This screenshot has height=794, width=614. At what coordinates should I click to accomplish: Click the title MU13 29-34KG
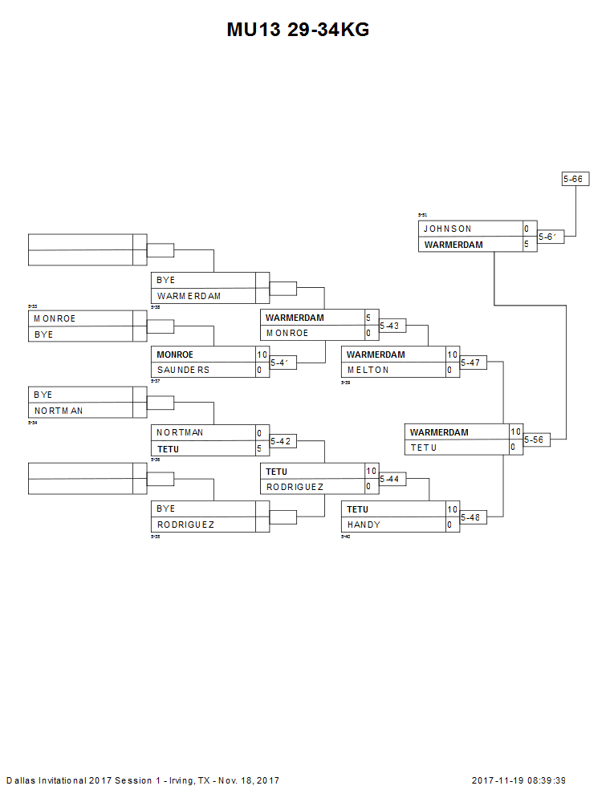tap(298, 30)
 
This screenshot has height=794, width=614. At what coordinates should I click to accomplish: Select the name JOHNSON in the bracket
tap(448, 229)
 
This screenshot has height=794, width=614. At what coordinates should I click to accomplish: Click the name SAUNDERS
tap(183, 370)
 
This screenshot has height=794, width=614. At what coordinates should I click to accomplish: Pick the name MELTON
tap(368, 370)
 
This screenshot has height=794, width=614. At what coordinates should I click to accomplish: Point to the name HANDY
tap(364, 525)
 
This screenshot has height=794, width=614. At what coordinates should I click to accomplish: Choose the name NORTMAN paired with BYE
tap(59, 411)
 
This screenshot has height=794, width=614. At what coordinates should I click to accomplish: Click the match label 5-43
tap(389, 326)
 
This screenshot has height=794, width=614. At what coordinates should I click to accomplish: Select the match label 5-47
tap(470, 363)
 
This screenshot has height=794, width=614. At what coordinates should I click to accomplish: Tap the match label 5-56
tap(535, 440)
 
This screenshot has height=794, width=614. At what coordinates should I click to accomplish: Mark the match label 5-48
tap(470, 517)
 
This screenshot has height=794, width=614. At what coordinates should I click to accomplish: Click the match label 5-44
tap(389, 479)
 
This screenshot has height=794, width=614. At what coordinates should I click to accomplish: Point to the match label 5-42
tap(280, 440)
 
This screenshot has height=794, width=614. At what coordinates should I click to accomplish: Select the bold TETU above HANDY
tap(358, 509)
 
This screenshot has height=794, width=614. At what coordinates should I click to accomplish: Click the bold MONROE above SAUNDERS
tap(175, 354)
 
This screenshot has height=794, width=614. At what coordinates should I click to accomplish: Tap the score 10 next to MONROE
tap(262, 354)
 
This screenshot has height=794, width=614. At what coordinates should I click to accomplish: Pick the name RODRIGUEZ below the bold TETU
tap(295, 487)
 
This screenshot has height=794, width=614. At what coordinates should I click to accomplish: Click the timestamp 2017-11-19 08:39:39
tap(518, 780)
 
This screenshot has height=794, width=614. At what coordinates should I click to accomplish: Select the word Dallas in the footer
tap(21, 780)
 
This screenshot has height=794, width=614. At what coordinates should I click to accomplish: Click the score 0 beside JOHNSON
tap(527, 229)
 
